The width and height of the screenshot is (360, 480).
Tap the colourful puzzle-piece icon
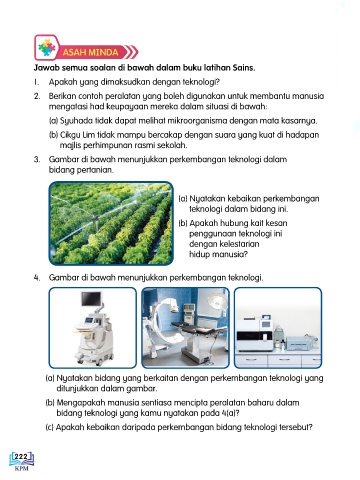47,48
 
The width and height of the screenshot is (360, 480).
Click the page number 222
21,456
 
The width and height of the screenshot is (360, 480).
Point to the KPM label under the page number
22,468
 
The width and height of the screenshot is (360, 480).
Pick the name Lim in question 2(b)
89,135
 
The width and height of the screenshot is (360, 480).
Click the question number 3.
37,159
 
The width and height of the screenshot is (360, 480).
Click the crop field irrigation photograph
111,223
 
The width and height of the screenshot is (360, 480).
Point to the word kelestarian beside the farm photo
224,244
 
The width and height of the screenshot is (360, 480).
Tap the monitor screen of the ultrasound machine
91,299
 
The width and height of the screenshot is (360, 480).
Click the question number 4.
37,278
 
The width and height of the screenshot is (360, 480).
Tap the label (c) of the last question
50,427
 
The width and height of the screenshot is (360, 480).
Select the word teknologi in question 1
200,82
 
